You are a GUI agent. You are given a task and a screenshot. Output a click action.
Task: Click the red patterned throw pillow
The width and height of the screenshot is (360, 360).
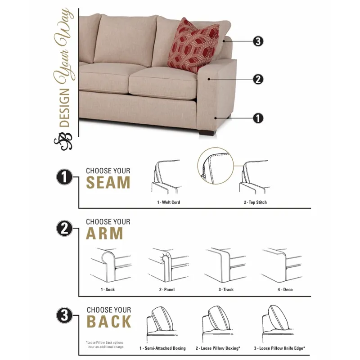pyautogui.click(x=187, y=45)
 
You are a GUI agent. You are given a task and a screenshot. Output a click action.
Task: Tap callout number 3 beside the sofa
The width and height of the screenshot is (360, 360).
pyautogui.click(x=258, y=41)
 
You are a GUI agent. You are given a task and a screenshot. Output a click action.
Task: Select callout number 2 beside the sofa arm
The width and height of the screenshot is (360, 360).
pyautogui.click(x=258, y=80)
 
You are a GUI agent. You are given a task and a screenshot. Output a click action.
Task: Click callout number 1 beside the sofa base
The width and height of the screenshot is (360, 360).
pyautogui.click(x=258, y=118)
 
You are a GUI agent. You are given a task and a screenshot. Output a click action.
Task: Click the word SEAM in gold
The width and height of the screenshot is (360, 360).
pyautogui.click(x=108, y=183)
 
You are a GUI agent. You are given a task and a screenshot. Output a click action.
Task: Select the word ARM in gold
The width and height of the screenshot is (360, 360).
pyautogui.click(x=105, y=234)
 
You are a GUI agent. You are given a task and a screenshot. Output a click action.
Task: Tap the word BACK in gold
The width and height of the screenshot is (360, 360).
pyautogui.click(x=109, y=322)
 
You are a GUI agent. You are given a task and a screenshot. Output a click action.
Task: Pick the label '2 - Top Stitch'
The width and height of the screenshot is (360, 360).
pyautogui.click(x=255, y=202)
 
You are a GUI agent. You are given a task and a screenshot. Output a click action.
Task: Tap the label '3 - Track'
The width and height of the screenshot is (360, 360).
pyautogui.click(x=226, y=290)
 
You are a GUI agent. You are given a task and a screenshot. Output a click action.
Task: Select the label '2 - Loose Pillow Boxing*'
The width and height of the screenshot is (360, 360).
pyautogui.click(x=218, y=348)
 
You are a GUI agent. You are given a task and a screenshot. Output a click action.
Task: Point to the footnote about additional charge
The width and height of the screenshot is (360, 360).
pyautogui.click(x=105, y=345)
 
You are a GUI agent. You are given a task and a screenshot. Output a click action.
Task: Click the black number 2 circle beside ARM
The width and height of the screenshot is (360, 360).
pyautogui.click(x=65, y=229)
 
